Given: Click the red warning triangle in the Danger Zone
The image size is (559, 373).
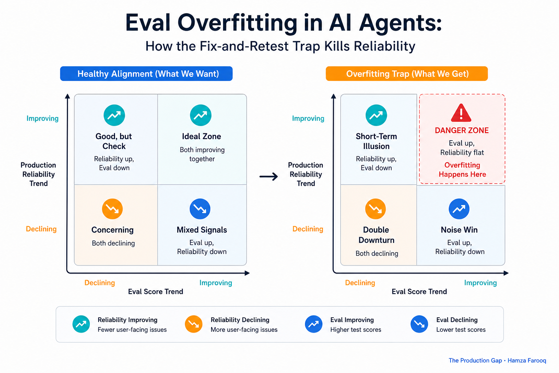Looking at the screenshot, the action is [461, 114].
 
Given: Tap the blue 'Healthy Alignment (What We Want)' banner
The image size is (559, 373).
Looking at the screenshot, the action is [146, 74].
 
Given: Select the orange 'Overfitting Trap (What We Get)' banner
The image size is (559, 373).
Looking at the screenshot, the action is [407, 74].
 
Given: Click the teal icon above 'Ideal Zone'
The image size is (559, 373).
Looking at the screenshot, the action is [201, 115].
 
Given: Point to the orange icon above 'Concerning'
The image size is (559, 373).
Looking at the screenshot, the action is [112, 209].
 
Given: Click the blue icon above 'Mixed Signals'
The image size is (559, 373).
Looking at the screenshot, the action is [200, 209].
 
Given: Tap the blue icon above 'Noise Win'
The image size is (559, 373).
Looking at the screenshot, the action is [459, 209].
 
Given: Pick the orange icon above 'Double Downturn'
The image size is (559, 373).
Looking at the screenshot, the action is [375, 209].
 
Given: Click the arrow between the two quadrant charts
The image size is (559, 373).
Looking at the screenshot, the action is [269, 176].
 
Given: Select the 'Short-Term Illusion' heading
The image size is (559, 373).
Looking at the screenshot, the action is [376, 141].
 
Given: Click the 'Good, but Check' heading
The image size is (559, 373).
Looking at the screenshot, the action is [114, 141].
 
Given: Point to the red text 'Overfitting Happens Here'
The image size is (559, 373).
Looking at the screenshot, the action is [462, 170].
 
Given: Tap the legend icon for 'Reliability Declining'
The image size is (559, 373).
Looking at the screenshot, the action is [193, 324].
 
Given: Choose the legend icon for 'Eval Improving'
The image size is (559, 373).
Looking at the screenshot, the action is [313, 324].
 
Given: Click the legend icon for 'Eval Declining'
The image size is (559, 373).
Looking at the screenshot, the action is [419, 324].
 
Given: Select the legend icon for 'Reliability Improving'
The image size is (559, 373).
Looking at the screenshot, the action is [81, 324].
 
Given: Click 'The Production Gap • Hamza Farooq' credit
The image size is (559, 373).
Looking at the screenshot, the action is [497, 361].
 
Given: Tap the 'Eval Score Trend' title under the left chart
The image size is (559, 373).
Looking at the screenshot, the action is [155, 291].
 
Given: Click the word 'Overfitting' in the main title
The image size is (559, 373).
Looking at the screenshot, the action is [237, 23].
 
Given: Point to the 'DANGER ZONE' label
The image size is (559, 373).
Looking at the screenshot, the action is [462, 130].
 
